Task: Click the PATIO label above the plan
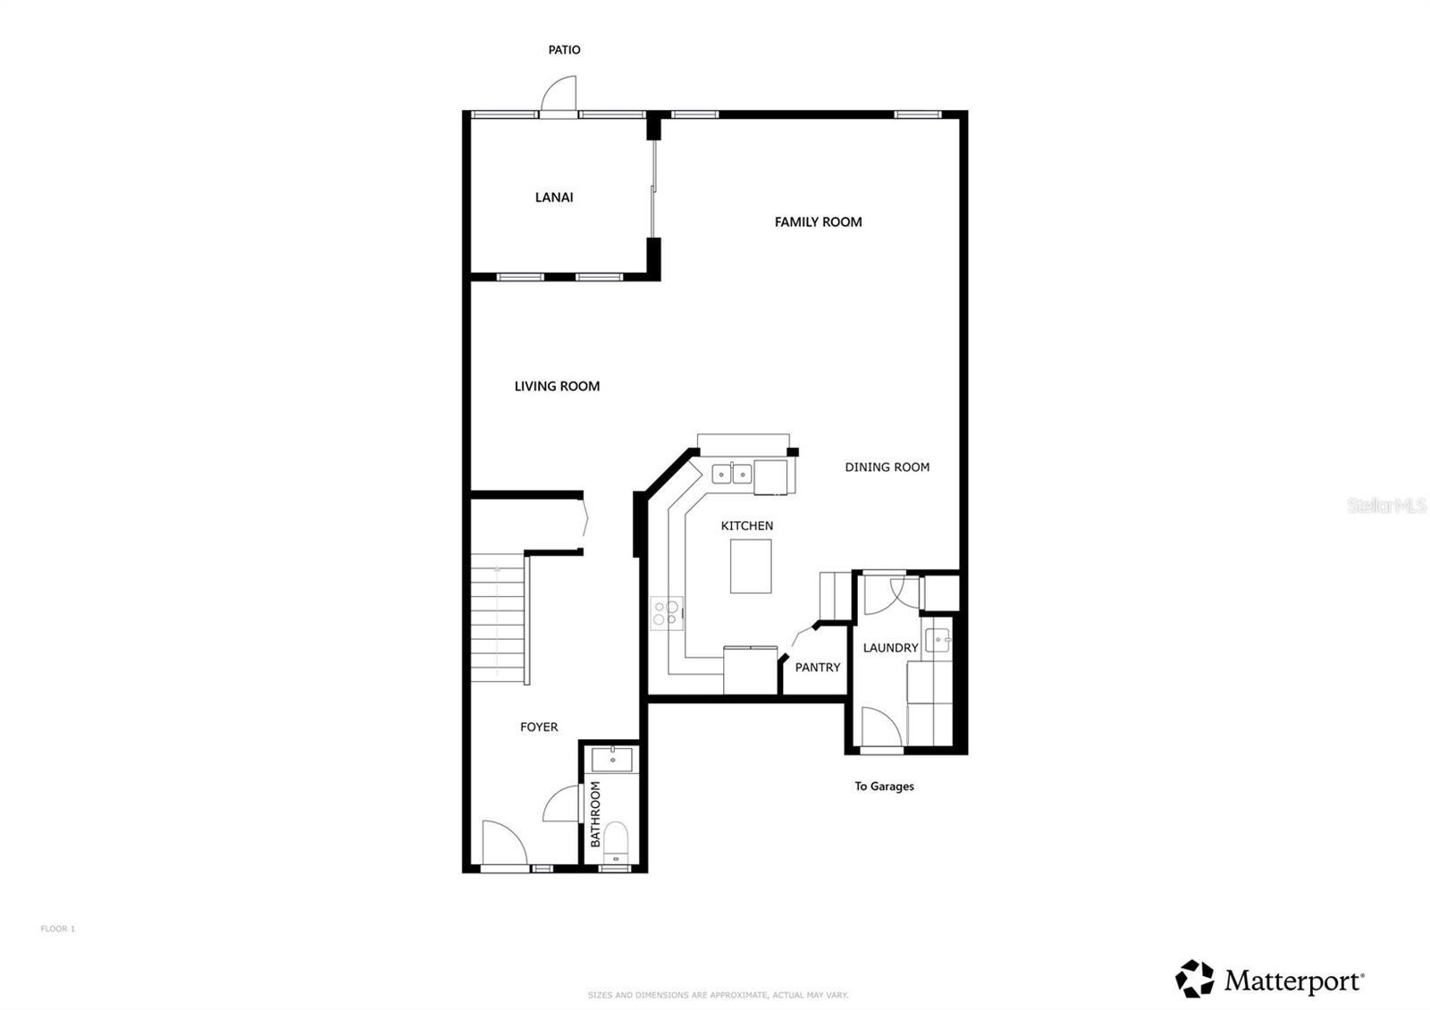564,50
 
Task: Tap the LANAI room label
554,198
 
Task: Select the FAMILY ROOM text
818,222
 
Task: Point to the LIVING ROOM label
557,386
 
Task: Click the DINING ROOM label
887,467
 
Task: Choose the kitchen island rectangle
750,566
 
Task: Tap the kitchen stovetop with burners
667,613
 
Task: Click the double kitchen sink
731,473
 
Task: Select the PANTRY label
817,667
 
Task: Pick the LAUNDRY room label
890,647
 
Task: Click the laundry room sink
937,640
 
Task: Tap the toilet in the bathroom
616,842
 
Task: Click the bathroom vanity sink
612,760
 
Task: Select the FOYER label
539,727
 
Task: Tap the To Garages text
884,787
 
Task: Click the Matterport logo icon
1194,979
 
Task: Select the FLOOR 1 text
57,929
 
